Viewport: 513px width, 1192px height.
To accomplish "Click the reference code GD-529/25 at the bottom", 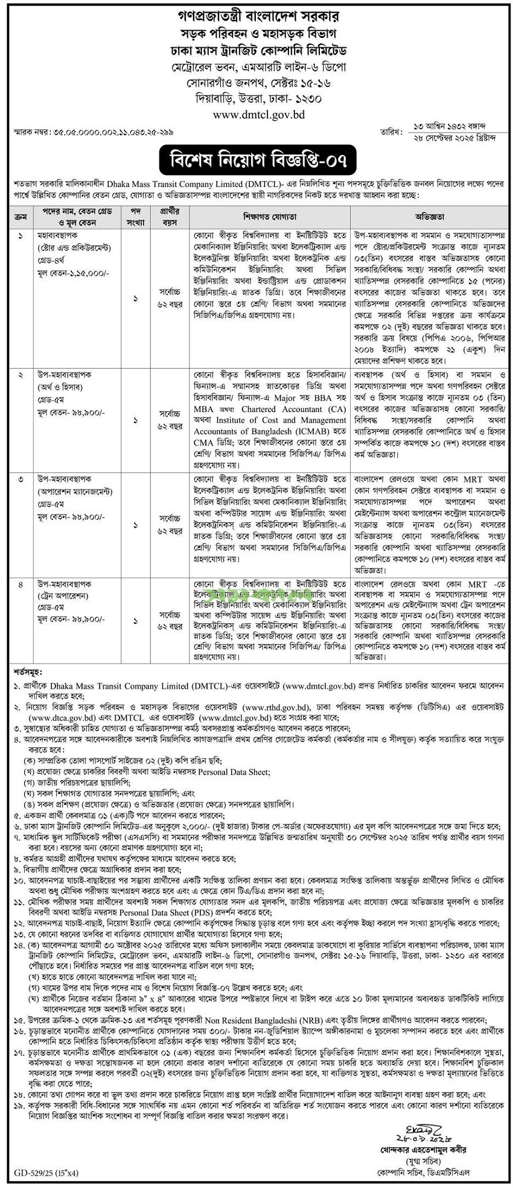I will coord(29,1173).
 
